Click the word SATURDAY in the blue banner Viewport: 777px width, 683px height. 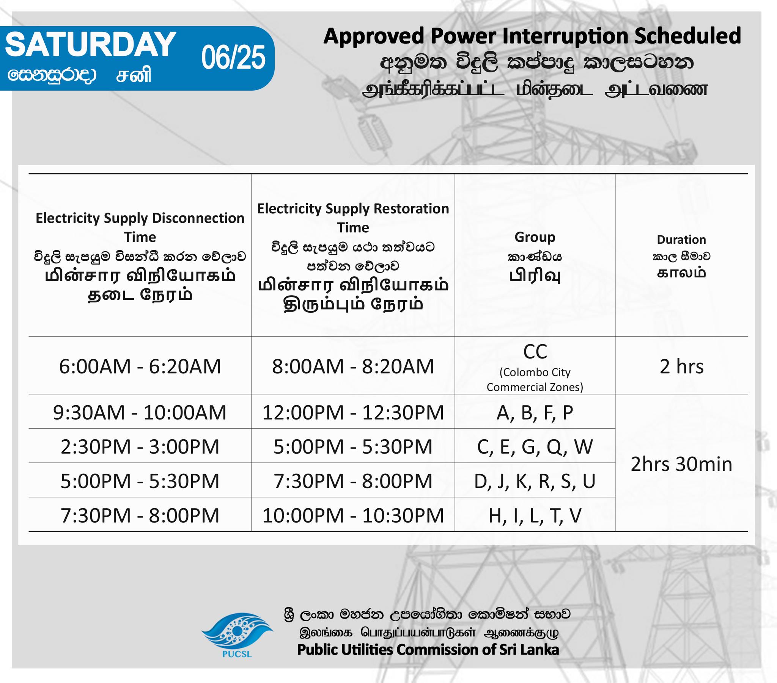[90, 44]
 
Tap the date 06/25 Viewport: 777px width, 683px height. [233, 58]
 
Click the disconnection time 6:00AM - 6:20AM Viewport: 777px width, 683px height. [140, 367]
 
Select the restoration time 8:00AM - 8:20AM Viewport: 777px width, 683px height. [353, 367]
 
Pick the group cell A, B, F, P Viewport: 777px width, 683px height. [535, 413]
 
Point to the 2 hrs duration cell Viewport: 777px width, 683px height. [682, 367]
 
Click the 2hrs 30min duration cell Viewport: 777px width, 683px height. [682, 464]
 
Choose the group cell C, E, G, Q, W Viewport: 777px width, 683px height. [535, 447]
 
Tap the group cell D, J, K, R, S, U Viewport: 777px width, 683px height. [535, 481]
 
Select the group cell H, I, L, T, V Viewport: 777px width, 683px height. [535, 516]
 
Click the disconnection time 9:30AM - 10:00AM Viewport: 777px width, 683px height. [140, 412]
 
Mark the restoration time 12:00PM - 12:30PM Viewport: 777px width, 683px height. [353, 412]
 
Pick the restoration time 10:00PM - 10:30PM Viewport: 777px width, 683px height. [353, 516]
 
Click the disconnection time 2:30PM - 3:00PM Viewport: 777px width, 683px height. [140, 447]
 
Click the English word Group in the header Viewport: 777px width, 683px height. [535, 237]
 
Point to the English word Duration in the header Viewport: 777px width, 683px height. [682, 240]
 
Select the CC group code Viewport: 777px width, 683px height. [535, 352]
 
